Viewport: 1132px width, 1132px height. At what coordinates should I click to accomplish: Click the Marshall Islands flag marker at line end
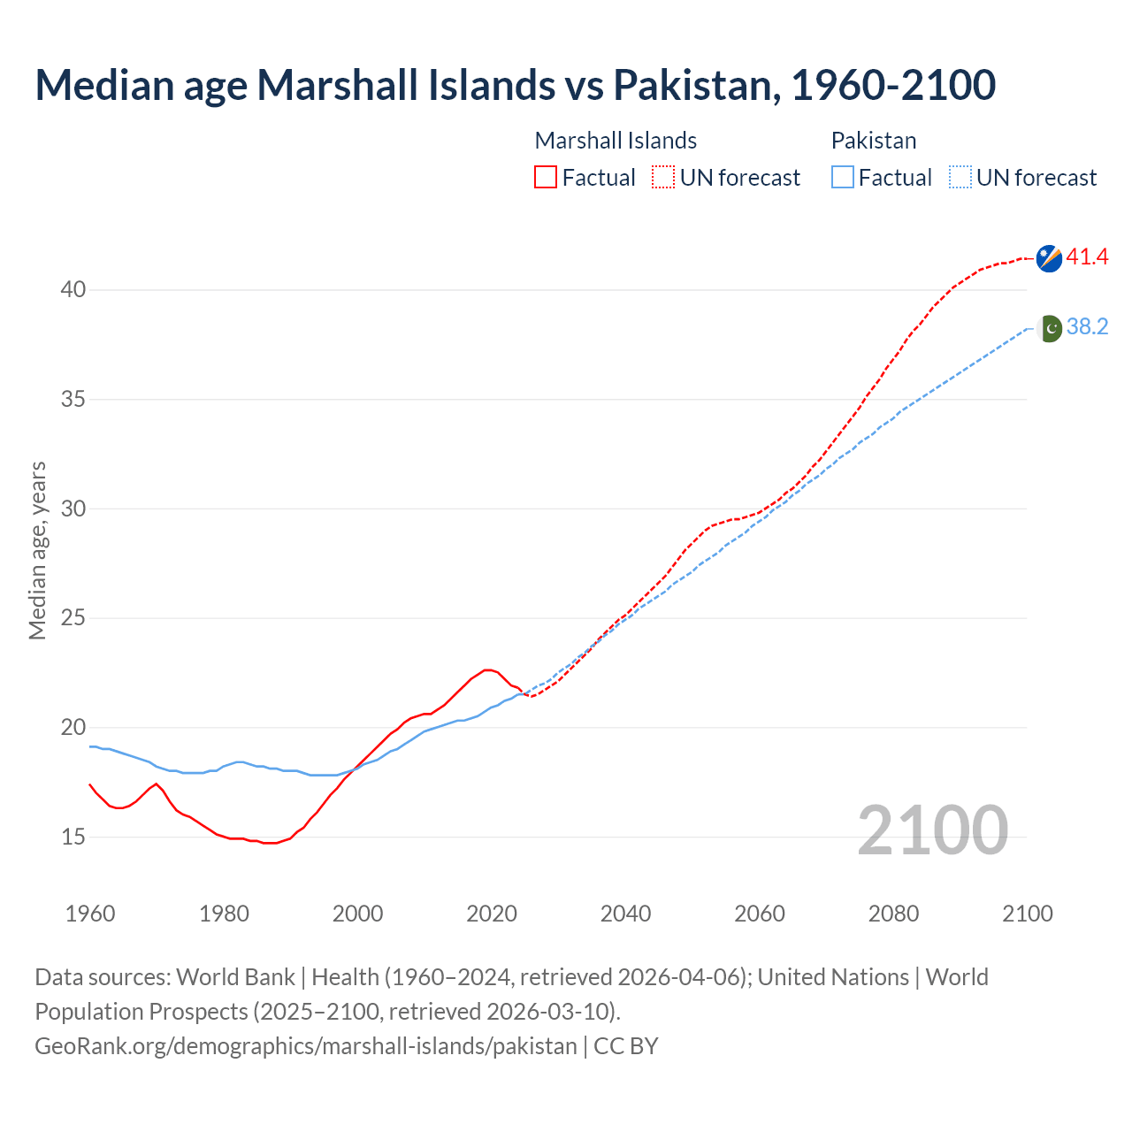(x=1049, y=258)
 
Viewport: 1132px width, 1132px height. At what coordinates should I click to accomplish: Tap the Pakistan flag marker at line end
(x=1049, y=328)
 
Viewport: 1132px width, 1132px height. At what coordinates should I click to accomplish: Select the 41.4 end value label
(x=1087, y=257)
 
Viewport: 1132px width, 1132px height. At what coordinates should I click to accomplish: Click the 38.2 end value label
(x=1087, y=327)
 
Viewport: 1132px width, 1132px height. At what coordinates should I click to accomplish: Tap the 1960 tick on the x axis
(x=90, y=914)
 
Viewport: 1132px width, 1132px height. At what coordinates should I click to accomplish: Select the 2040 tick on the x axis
(x=625, y=914)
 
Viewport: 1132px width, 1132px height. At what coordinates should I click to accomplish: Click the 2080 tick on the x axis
(x=893, y=914)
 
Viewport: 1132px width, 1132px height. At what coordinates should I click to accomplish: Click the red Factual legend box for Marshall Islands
(x=546, y=178)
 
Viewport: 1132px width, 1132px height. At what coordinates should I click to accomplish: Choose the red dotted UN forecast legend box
(x=663, y=178)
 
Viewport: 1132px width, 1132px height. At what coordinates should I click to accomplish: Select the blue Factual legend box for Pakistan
(x=843, y=178)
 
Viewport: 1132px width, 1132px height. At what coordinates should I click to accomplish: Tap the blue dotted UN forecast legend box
(x=960, y=178)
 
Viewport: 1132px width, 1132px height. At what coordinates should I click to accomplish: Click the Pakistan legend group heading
(x=873, y=141)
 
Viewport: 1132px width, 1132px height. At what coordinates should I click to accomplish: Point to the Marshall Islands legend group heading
(x=616, y=141)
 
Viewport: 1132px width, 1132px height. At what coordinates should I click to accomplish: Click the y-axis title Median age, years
(x=37, y=550)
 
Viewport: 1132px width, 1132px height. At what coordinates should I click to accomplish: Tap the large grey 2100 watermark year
(x=932, y=830)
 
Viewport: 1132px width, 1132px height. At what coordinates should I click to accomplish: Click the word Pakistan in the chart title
(x=694, y=85)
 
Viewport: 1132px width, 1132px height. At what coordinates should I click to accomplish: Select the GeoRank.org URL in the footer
(x=305, y=1046)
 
